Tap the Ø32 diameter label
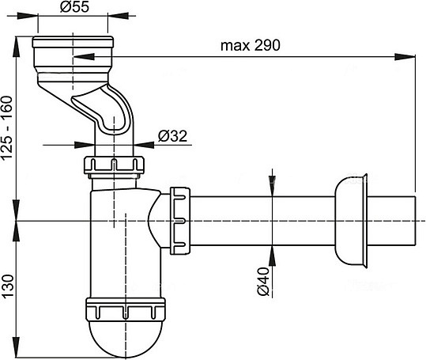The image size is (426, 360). point(172,135)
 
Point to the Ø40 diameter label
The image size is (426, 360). point(265,281)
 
